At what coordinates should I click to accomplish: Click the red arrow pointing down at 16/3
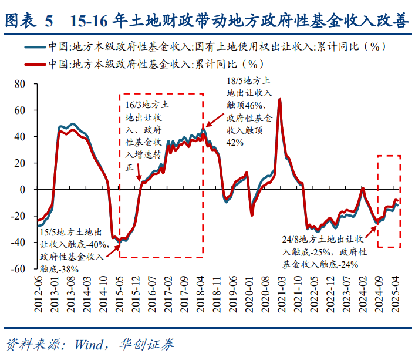pyautogui.click(x=139, y=174)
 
